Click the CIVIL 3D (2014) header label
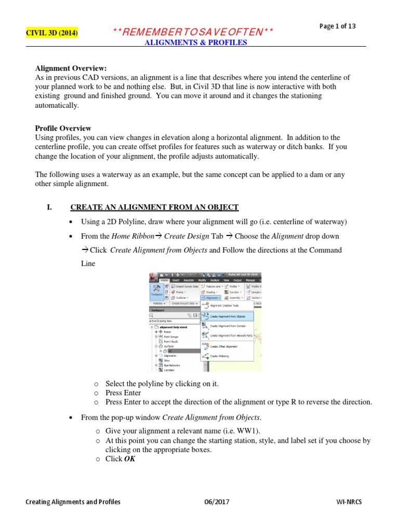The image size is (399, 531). pos(52,33)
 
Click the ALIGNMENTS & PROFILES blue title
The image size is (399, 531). pos(195,43)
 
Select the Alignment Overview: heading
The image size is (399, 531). pos(70,68)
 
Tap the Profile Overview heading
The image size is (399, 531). pos(63,128)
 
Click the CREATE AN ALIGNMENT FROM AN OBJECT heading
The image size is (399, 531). pos(154,207)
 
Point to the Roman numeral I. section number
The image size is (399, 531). pos(49,207)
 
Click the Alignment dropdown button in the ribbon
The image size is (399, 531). pos(212,298)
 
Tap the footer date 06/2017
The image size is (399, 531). pos(217,502)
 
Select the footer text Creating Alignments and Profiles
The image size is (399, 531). pos(73,502)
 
